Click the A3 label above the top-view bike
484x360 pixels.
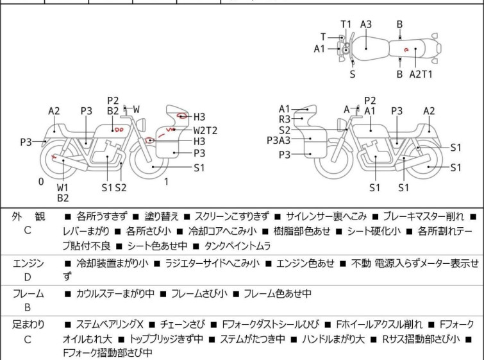click(x=366, y=24)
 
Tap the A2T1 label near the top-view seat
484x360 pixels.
click(x=421, y=74)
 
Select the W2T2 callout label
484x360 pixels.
click(x=205, y=131)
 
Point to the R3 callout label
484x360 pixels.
click(x=285, y=119)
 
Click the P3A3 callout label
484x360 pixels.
click(x=279, y=141)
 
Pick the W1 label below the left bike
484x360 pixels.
click(x=63, y=187)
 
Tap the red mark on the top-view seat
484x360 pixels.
click(x=406, y=49)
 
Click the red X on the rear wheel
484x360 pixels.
click(x=54, y=157)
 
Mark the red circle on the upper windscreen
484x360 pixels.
click(x=181, y=116)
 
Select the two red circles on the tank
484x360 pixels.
click(x=119, y=130)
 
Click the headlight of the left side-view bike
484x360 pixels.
click(x=142, y=124)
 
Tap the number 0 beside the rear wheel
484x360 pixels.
click(x=41, y=182)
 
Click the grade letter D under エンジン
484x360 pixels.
click(x=28, y=277)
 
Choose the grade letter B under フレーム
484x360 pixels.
click(x=28, y=307)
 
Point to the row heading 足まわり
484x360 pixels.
click(x=28, y=325)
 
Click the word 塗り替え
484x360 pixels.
click(x=162, y=216)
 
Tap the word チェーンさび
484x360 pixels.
click(x=183, y=325)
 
